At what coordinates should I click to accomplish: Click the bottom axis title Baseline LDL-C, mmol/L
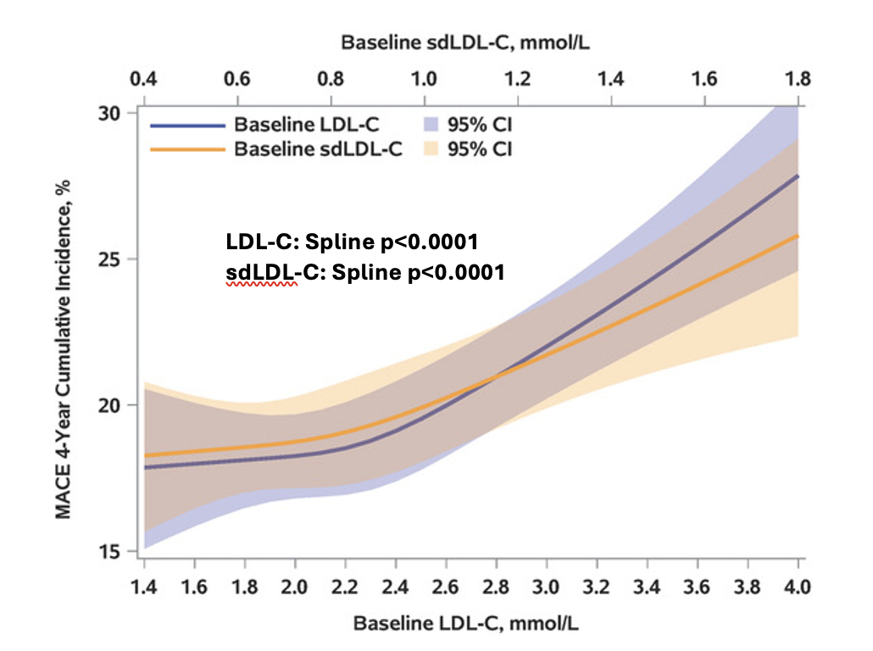click(x=471, y=624)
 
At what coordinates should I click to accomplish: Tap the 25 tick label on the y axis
click(x=113, y=259)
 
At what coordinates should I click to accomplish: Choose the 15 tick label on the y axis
click(x=113, y=551)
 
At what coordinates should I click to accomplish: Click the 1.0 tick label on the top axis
click(x=425, y=80)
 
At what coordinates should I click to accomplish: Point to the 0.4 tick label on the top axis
click(x=145, y=80)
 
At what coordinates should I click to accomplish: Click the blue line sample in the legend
click(x=188, y=125)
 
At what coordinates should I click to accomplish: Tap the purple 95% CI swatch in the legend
click(x=430, y=125)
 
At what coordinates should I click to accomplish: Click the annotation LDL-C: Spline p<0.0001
click(x=353, y=242)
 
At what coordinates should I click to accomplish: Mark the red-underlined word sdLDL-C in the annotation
click(x=261, y=274)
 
